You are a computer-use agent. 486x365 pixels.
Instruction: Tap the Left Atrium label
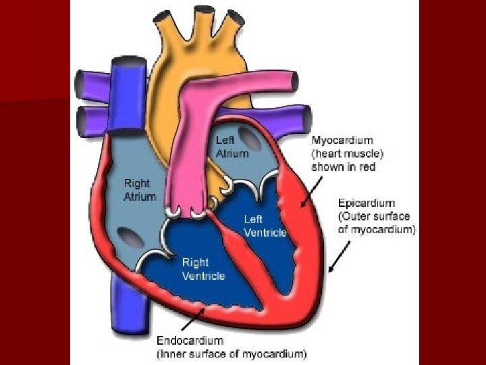[x=232, y=147]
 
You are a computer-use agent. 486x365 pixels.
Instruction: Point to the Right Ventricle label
[x=203, y=268]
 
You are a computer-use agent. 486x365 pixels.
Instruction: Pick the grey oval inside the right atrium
[x=126, y=237]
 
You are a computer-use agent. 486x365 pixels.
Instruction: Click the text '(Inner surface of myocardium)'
[x=231, y=353]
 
